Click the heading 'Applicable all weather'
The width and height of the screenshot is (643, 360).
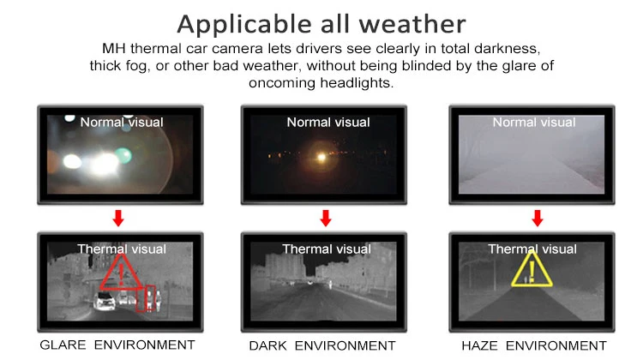click(x=321, y=22)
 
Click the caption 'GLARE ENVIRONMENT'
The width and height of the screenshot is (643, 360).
click(x=117, y=345)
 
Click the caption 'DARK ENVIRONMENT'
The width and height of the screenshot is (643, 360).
click(x=322, y=345)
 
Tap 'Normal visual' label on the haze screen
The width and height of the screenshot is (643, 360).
click(x=533, y=123)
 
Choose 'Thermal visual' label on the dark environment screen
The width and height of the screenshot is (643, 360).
click(x=327, y=249)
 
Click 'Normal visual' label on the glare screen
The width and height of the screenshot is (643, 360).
click(x=121, y=123)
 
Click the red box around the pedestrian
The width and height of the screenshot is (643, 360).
click(x=151, y=297)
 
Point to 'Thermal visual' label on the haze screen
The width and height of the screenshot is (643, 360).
click(x=531, y=249)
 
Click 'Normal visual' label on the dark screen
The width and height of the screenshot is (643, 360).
click(x=328, y=123)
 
